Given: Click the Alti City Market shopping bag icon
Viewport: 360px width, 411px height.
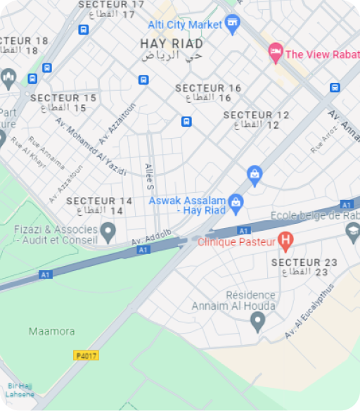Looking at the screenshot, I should pos(233,25).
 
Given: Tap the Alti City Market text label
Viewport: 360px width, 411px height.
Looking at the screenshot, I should pos(184,25).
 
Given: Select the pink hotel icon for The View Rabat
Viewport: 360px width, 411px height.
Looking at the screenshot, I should pos(276,52).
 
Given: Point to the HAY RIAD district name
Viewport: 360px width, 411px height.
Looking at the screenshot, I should pos(172,44).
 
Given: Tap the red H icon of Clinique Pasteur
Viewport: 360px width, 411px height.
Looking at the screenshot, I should pos(285,241).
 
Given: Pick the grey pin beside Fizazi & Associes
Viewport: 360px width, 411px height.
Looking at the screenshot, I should pos(108,230).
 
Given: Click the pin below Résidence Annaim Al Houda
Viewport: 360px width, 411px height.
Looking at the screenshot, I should pos(257,322).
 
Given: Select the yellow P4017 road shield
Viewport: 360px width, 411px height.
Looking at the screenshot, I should pos(86,355).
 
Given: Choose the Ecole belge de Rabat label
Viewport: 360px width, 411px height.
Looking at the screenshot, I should pos(315,215).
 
